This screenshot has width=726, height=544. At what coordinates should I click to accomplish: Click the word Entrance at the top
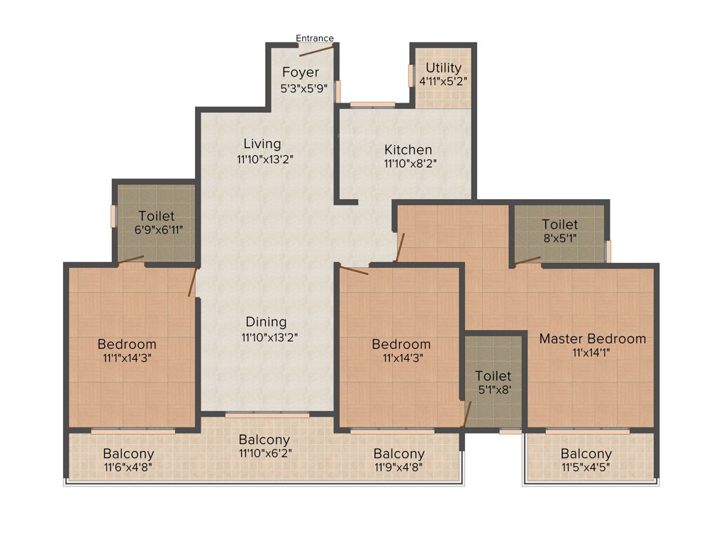point(314,38)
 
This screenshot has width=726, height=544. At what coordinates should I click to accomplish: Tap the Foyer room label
point(301,72)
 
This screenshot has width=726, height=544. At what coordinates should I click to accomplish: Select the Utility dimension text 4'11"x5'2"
point(443,81)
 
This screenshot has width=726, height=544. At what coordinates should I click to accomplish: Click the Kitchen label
point(408,150)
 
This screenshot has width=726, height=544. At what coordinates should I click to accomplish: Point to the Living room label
point(262,144)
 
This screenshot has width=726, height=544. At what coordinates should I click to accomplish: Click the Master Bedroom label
point(592,339)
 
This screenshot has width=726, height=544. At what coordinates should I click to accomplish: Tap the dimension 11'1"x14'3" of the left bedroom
point(127,358)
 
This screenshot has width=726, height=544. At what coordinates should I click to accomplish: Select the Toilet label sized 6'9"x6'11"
point(156,215)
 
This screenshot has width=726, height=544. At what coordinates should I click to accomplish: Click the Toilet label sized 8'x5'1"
point(559,225)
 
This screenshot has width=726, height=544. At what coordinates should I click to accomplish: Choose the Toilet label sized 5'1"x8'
point(493,375)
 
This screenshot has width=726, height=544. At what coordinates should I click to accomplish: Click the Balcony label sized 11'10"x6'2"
point(264,439)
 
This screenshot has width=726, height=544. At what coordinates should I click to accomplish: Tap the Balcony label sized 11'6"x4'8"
point(128,454)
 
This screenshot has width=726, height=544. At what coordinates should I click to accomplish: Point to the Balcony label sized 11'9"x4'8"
point(399,454)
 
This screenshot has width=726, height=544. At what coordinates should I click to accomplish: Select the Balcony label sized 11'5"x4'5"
point(586,454)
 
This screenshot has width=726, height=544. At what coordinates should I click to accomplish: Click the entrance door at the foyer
point(316,49)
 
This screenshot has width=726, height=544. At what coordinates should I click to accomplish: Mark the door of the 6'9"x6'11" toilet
point(131,260)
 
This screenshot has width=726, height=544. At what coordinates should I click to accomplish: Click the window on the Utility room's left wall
point(410,76)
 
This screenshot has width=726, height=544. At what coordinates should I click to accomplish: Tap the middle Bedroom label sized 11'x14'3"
point(401,344)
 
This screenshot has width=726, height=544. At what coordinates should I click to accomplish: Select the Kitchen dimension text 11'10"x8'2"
point(408,164)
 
